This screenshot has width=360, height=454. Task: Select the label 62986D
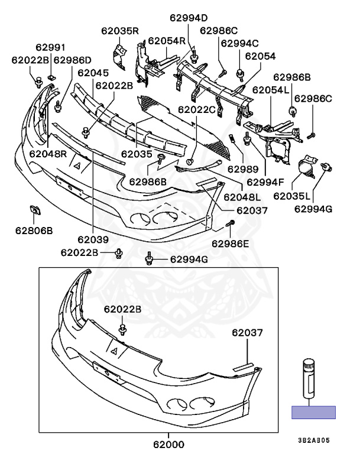(72, 60)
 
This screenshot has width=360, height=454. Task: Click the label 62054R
(167, 41)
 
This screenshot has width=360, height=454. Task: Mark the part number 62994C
(239, 43)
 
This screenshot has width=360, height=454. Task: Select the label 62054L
(271, 90)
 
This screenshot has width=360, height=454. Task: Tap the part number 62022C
(197, 109)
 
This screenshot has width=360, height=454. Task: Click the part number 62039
(92, 239)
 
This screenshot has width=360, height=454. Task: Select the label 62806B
(34, 229)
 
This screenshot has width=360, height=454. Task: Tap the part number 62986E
(231, 244)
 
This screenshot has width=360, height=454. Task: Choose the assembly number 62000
(168, 445)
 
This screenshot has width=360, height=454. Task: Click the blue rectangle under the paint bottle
(313, 413)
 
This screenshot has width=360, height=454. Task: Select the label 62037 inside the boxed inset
(247, 333)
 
